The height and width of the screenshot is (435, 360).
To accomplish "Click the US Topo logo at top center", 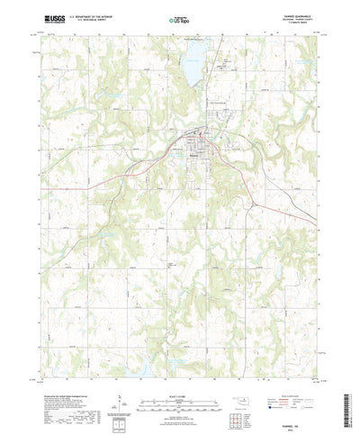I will click(180, 18).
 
